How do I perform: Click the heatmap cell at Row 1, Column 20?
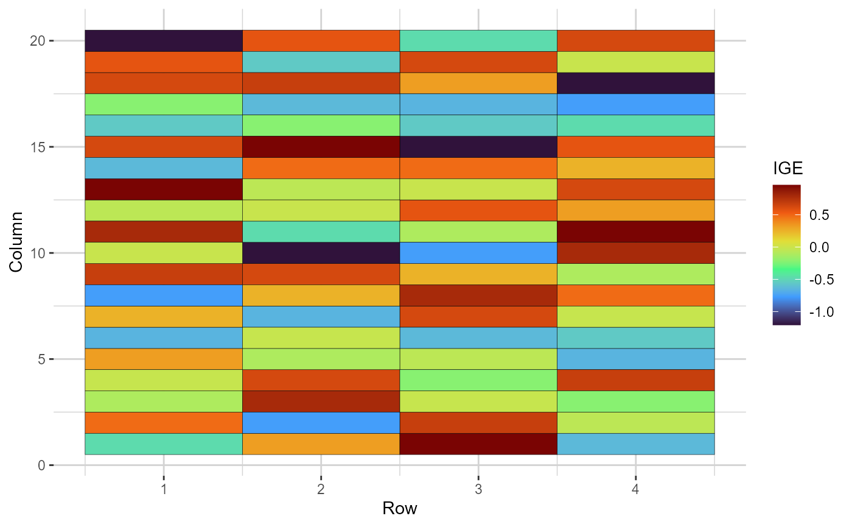click(163, 41)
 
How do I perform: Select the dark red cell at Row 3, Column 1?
click(478, 444)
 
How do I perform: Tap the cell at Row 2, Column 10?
click(321, 253)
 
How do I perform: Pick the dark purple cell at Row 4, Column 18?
click(635, 83)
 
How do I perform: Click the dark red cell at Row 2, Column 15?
click(321, 147)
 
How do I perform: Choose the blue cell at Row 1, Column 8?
click(163, 295)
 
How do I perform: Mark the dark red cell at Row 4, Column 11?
click(635, 232)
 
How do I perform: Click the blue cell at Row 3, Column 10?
click(478, 253)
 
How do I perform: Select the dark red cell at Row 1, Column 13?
click(163, 189)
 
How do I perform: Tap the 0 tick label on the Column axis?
click(41, 465)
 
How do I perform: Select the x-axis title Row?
click(399, 508)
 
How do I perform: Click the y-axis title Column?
click(16, 242)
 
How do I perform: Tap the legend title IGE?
click(787, 169)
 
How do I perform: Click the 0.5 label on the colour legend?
click(819, 215)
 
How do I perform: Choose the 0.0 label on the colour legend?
click(819, 247)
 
